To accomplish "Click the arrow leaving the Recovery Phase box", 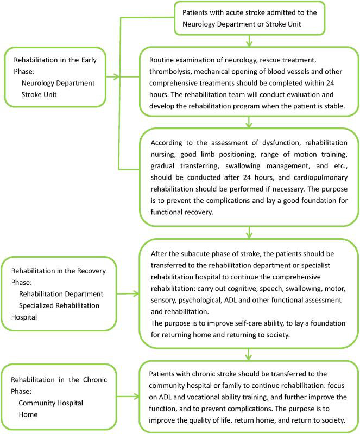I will coord(129,294).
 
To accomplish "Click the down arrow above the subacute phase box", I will coord(249,234).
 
